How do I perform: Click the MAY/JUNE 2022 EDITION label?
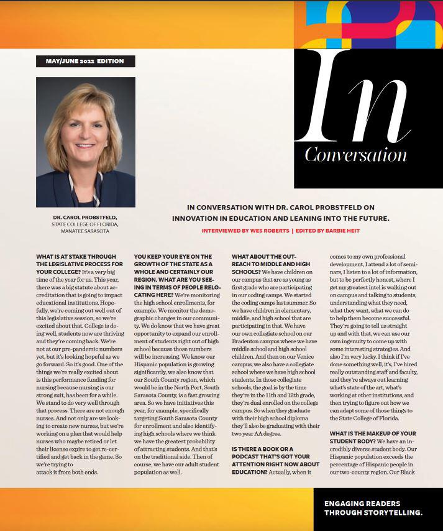click(x=84, y=61)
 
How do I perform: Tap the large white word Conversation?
click(x=355, y=154)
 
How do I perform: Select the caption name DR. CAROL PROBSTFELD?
click(x=85, y=217)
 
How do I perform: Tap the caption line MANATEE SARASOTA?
click(x=85, y=231)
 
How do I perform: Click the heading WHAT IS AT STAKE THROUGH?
click(x=76, y=256)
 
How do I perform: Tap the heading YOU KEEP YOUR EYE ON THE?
click(x=173, y=256)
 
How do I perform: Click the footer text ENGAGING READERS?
click(x=362, y=504)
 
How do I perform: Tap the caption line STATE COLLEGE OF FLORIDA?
click(x=85, y=224)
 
